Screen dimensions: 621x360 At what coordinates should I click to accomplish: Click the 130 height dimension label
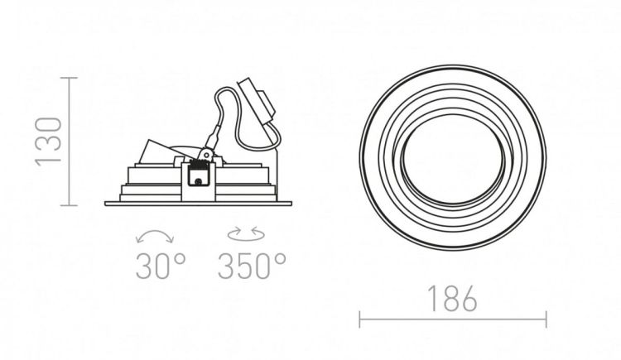pos(49,142)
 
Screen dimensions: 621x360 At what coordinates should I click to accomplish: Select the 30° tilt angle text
pos(161,266)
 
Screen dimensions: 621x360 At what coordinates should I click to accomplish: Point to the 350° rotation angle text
pos(252,266)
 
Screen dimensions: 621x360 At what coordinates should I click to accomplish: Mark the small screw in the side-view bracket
pos(198,182)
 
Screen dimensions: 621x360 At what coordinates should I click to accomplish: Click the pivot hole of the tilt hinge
pos(205,153)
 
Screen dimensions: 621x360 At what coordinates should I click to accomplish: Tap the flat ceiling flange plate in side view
pos(198,204)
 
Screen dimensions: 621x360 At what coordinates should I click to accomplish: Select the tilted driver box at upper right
pos(257,103)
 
